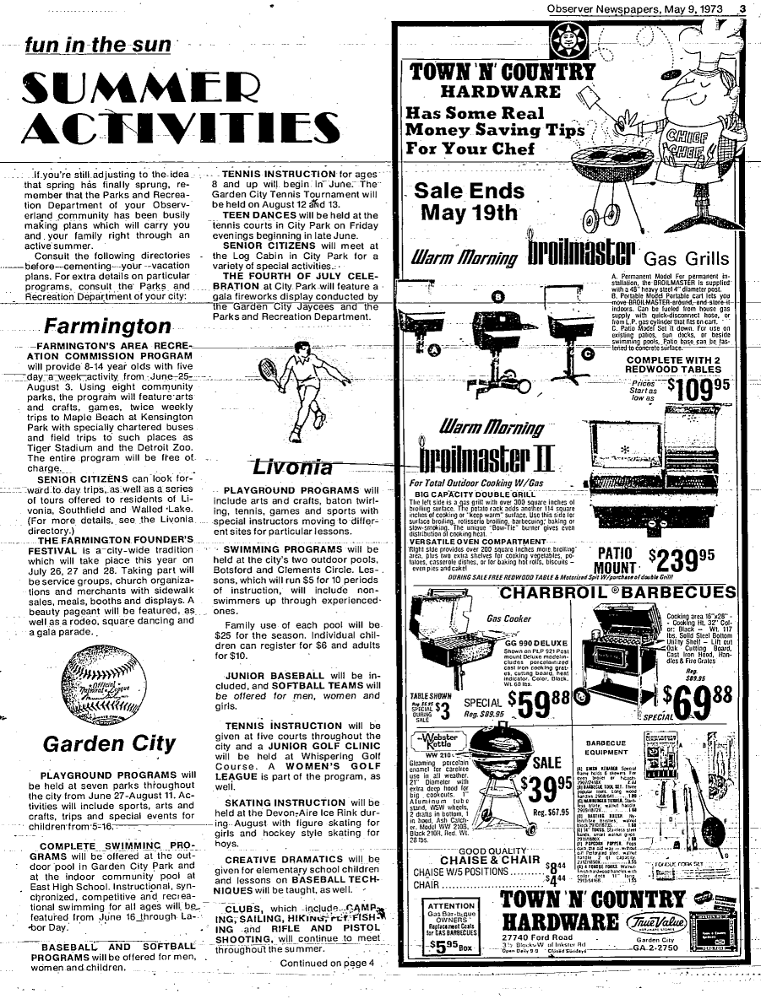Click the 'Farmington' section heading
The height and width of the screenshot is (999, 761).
pos(107,327)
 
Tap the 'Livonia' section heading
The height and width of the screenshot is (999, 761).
pos(281,467)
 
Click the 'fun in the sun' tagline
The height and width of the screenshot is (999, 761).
pos(97,45)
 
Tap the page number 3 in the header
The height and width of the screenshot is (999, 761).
pos(741,10)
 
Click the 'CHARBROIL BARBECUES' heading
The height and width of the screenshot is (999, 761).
pos(618,592)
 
